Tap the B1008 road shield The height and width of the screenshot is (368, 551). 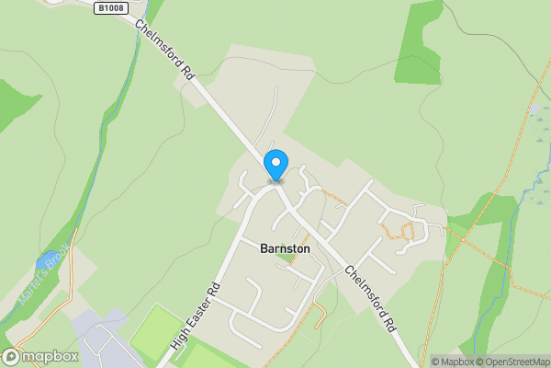pyautogui.click(x=109, y=7)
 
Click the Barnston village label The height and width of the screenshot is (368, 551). pyautogui.click(x=285, y=248)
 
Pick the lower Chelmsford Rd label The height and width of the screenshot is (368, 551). pyautogui.click(x=372, y=299)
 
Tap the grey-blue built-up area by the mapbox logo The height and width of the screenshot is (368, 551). pyautogui.click(x=101, y=336)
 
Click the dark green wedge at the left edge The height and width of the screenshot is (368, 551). pyautogui.click(x=14, y=97)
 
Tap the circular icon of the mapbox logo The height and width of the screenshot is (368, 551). pyautogui.click(x=11, y=356)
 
